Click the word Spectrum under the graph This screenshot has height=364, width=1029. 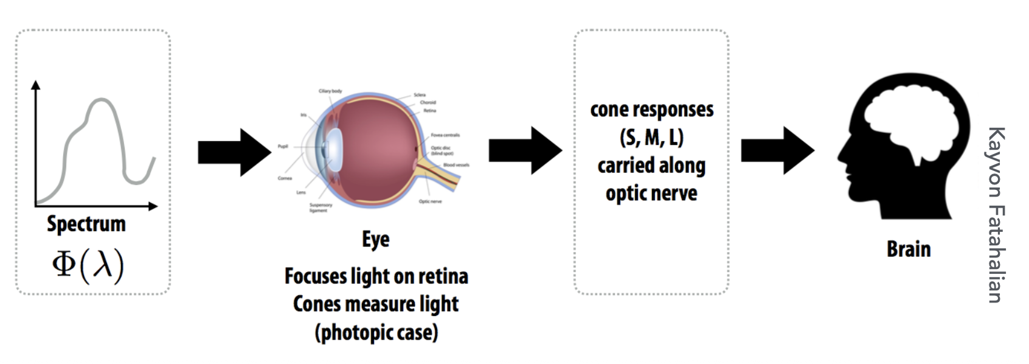[86, 224]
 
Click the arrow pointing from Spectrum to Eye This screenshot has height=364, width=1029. [234, 152]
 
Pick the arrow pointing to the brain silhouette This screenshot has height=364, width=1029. [777, 150]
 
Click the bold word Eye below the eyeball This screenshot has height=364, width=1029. [376, 239]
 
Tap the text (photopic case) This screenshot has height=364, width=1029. [376, 332]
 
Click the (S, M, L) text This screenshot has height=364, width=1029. [651, 138]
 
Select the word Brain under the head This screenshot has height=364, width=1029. [909, 249]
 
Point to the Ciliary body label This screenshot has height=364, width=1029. [330, 91]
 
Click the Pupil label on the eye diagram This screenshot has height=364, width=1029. [283, 146]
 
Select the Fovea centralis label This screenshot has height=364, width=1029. [445, 135]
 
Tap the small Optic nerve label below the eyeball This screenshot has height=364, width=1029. [430, 201]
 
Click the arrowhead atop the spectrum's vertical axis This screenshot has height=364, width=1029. [36, 85]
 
